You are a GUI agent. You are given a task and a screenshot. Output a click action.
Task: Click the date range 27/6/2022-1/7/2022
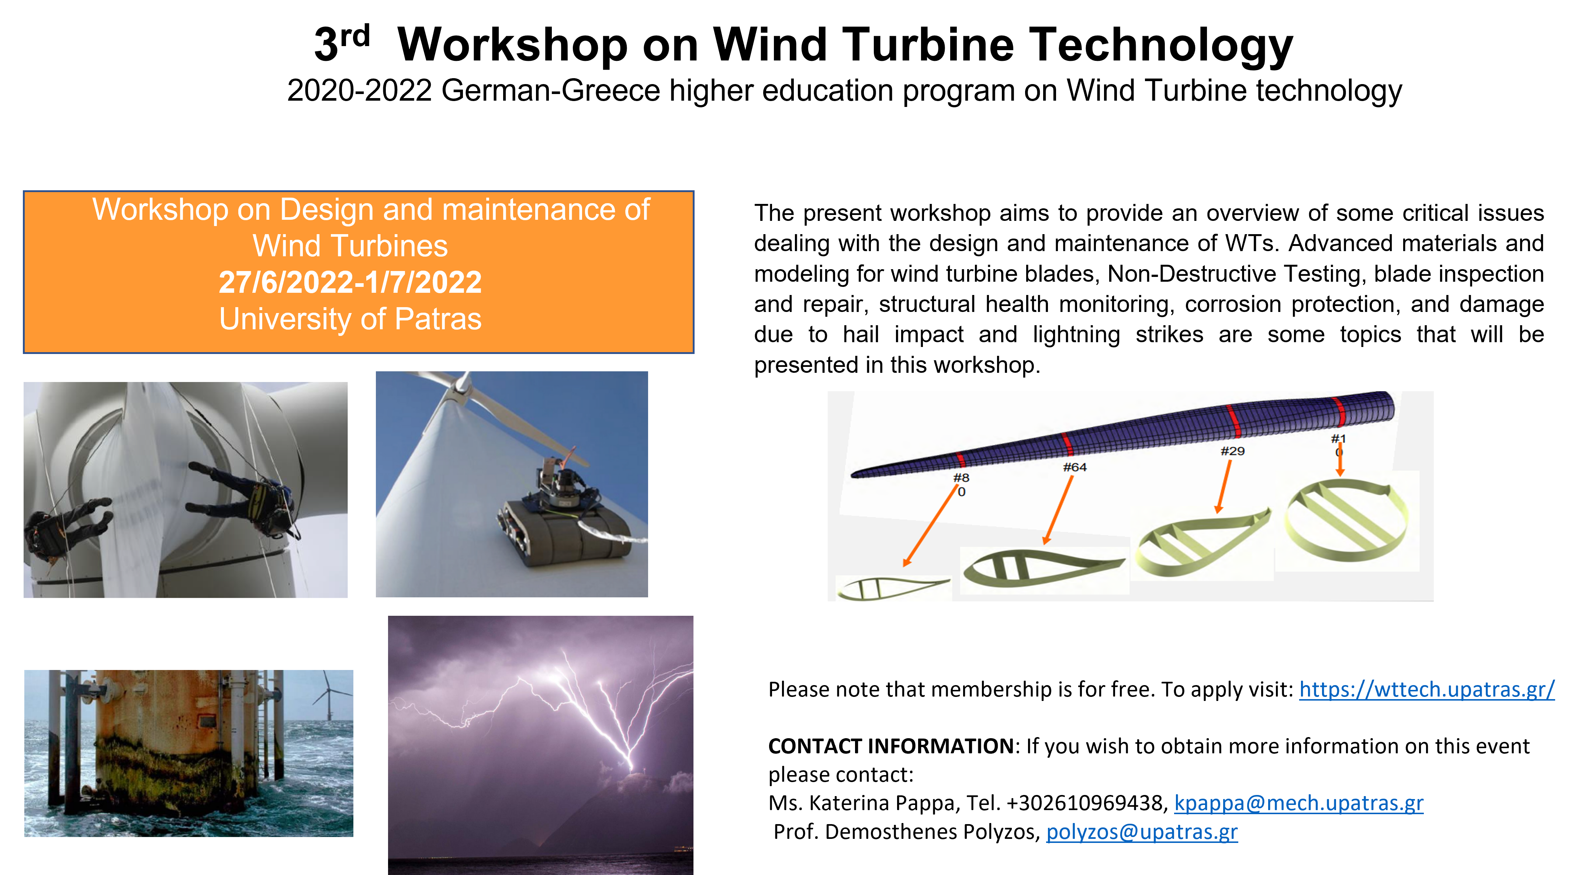350,282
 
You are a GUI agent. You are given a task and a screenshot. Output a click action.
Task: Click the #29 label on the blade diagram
1232,451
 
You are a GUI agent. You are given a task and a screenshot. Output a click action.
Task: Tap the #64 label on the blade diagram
1075,467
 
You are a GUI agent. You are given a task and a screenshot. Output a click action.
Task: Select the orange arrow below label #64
1059,510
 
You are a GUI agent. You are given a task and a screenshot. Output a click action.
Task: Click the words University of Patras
350,319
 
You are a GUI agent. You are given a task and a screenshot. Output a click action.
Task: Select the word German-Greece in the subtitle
550,91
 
